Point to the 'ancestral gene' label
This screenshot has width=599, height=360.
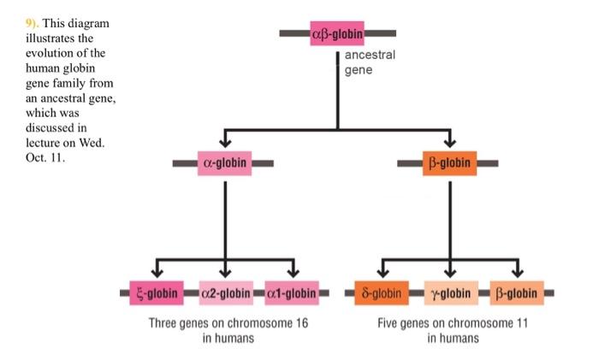370,62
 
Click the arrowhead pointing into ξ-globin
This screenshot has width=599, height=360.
156,272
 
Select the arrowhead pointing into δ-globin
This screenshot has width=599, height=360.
381,272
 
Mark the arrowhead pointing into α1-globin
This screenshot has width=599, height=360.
293,272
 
